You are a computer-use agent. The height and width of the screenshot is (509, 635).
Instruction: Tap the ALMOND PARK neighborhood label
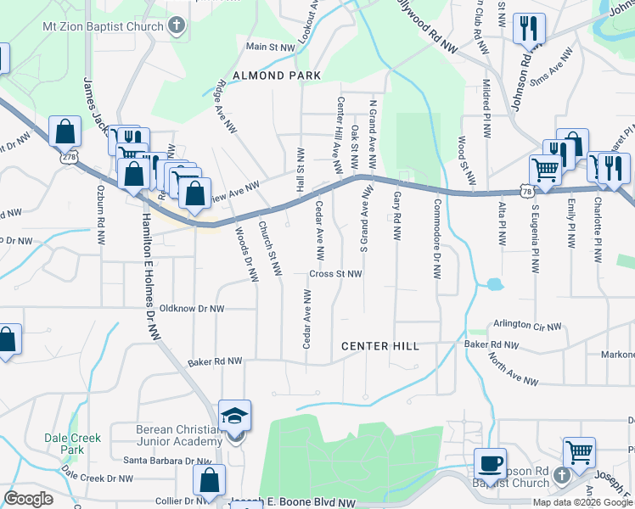coord(284,76)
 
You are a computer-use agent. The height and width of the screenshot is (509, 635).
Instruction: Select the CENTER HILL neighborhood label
coord(379,346)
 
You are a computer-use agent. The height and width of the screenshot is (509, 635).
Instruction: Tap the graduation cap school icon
coord(234,417)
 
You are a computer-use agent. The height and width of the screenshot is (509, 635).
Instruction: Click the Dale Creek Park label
coord(73,444)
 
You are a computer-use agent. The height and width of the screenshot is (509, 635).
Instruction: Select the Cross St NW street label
coord(335,274)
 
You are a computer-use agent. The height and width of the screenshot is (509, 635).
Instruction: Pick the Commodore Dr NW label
coord(437,239)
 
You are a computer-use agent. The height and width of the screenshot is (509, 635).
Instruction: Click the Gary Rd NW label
coord(397,216)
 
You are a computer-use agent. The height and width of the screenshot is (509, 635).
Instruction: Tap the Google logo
coord(29,499)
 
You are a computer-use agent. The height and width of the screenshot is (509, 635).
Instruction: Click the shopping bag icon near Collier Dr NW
coord(209,480)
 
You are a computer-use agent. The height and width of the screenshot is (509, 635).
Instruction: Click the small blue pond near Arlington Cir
coord(493,285)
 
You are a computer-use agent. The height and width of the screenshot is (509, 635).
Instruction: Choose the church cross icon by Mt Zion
coord(177,25)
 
